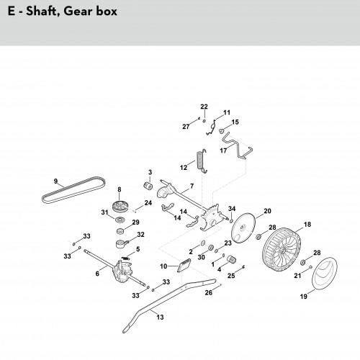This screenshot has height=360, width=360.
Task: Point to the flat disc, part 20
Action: (243, 228)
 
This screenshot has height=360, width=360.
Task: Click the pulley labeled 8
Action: (120, 206)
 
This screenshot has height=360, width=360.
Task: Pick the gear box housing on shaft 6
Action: (123, 272)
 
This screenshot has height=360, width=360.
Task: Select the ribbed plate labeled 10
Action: (184, 265)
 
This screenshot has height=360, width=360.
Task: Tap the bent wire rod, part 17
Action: (238, 146)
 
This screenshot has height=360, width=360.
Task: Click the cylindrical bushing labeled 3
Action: (148, 186)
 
